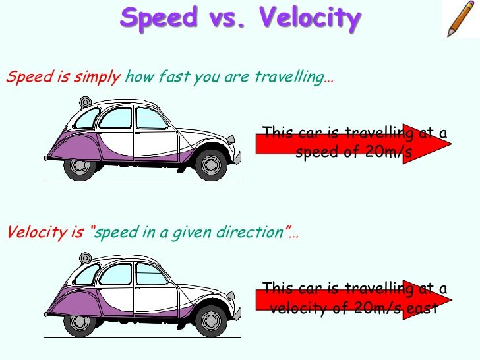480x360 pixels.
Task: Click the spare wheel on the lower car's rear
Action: point(84,258)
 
